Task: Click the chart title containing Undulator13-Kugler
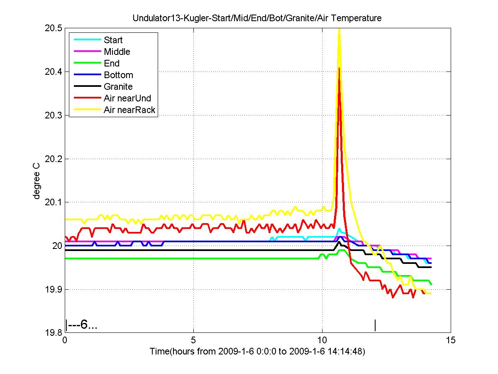(256, 18)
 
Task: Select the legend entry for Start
(113, 40)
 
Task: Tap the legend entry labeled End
(112, 64)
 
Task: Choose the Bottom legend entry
(118, 75)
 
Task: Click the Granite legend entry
(118, 87)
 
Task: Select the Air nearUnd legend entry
(127, 98)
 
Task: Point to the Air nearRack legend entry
(129, 110)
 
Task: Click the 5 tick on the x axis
(193, 340)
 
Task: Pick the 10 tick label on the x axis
(322, 340)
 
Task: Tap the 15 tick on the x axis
(451, 340)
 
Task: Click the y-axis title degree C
(37, 180)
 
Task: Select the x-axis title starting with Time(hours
(257, 352)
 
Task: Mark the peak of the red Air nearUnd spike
(339, 69)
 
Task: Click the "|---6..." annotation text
(82, 325)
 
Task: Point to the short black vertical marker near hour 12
(375, 325)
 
